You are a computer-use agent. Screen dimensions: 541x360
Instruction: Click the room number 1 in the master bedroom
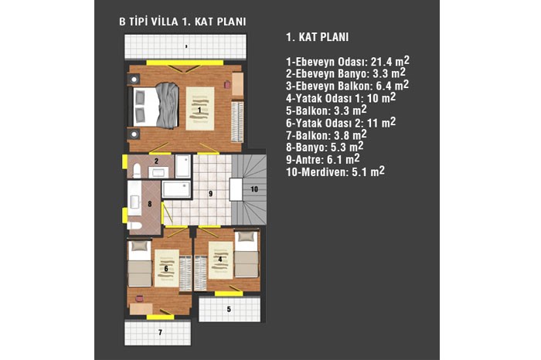(x=199, y=110)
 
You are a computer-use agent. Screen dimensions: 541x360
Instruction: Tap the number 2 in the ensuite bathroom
(x=156, y=161)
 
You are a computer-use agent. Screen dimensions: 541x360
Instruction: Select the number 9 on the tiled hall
(x=210, y=194)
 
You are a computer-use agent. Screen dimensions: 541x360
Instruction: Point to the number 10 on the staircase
(x=254, y=189)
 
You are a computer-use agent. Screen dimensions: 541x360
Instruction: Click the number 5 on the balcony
(x=229, y=309)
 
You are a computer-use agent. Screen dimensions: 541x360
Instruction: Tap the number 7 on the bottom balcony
(x=160, y=332)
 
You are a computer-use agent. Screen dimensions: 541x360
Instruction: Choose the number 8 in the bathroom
(x=150, y=204)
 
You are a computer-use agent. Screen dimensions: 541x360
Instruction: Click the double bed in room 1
(x=154, y=106)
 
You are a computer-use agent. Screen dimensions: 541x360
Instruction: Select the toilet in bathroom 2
(x=137, y=171)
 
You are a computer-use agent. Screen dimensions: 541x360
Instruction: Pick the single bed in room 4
(x=247, y=254)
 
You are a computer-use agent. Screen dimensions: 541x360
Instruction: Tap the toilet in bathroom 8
(x=134, y=226)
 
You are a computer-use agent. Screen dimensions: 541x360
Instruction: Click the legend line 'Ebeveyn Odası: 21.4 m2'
(x=348, y=61)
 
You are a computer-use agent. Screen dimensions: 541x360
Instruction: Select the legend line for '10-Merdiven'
(x=335, y=172)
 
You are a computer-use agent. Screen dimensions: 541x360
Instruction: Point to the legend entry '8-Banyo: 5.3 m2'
(x=325, y=147)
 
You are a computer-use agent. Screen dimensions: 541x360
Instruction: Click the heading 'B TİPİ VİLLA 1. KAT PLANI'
(x=182, y=22)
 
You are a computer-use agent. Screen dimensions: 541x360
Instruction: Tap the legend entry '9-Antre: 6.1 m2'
(x=322, y=159)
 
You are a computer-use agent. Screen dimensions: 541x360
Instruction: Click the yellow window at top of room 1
(x=185, y=63)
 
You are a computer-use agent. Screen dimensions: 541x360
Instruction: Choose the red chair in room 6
(x=139, y=299)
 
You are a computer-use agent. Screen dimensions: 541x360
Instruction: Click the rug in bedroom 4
(x=221, y=260)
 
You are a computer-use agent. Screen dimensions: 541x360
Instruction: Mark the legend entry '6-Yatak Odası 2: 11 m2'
(x=341, y=122)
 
